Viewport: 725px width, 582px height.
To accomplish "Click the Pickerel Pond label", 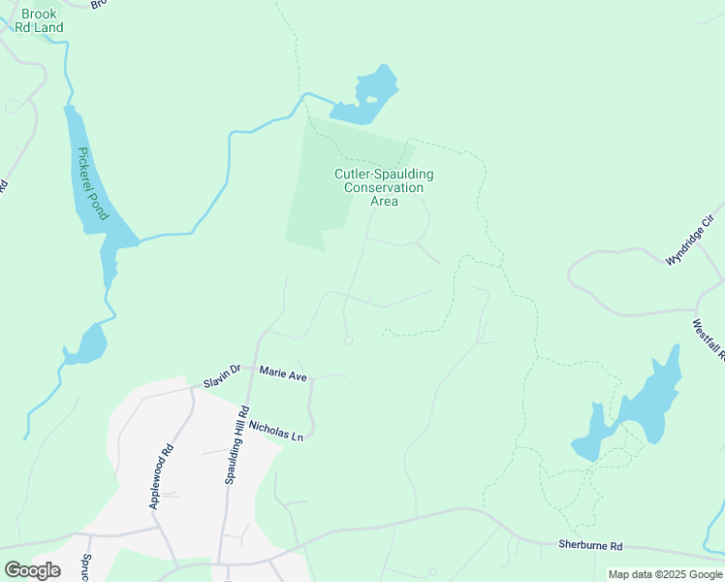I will [x=94, y=183].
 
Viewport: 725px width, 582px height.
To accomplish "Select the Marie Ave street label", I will [x=283, y=372].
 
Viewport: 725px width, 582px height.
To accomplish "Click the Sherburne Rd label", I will [x=590, y=546].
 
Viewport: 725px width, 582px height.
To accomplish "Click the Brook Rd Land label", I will [x=43, y=20].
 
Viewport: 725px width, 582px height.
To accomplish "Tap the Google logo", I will [x=32, y=570].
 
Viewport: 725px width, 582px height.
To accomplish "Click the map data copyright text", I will [x=666, y=574].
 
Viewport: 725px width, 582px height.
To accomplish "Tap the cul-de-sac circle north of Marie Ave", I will [x=349, y=339].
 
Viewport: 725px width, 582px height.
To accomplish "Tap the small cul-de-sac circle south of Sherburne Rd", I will [x=432, y=571].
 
